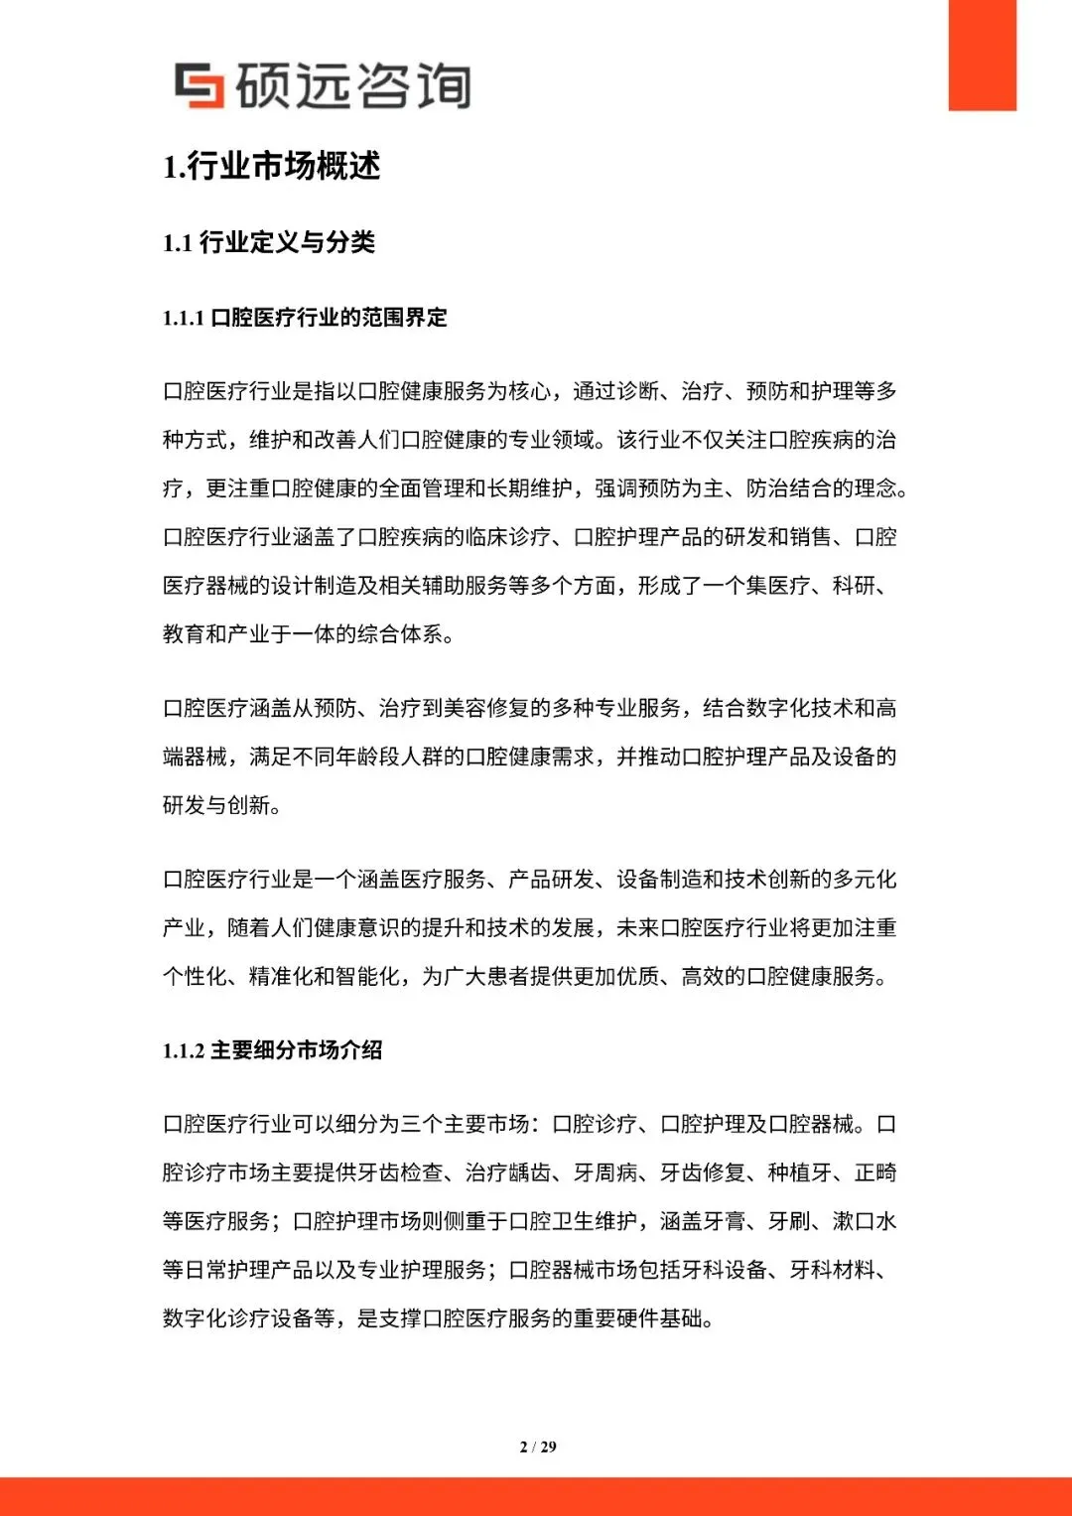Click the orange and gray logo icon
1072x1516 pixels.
200,85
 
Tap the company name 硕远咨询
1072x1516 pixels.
353,85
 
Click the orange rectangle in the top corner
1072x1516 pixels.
982,55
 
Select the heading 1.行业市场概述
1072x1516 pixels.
271,166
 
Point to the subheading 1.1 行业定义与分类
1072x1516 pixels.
269,242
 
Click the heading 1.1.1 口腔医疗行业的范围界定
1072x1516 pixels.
305,318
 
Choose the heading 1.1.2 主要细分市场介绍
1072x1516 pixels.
272,1050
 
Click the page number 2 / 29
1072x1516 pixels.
537,1447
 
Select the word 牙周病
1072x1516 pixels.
605,1172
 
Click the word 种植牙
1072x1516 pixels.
800,1172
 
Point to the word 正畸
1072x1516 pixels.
875,1172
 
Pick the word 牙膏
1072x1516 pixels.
725,1221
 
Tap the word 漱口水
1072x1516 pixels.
865,1221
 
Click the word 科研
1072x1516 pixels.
854,586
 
